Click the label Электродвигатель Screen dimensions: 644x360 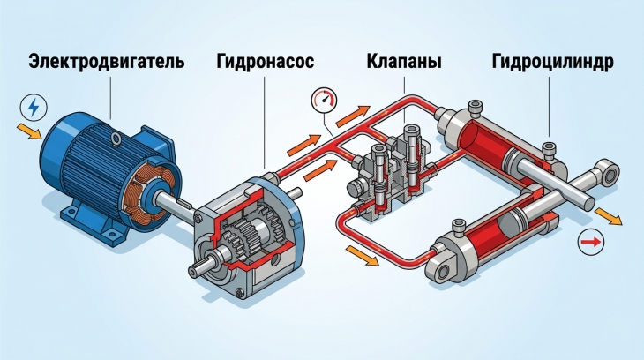(x=107, y=62)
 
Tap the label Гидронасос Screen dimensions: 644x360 (x=266, y=62)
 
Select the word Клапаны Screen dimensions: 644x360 (x=404, y=62)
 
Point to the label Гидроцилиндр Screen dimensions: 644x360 (x=553, y=62)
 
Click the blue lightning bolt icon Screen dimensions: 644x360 (x=34, y=108)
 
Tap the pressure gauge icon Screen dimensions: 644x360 (x=324, y=100)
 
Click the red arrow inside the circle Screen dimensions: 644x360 (x=591, y=242)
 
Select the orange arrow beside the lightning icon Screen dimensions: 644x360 (x=29, y=131)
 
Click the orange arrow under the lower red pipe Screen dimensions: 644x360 (x=363, y=255)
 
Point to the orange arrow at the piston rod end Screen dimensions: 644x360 (x=609, y=216)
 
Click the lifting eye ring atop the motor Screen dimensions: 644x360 (x=116, y=139)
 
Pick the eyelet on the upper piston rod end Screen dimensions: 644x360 (x=610, y=172)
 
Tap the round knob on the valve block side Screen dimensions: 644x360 (x=354, y=189)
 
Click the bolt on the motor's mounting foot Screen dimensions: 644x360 (x=111, y=234)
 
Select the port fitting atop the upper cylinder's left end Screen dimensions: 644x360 (x=475, y=108)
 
